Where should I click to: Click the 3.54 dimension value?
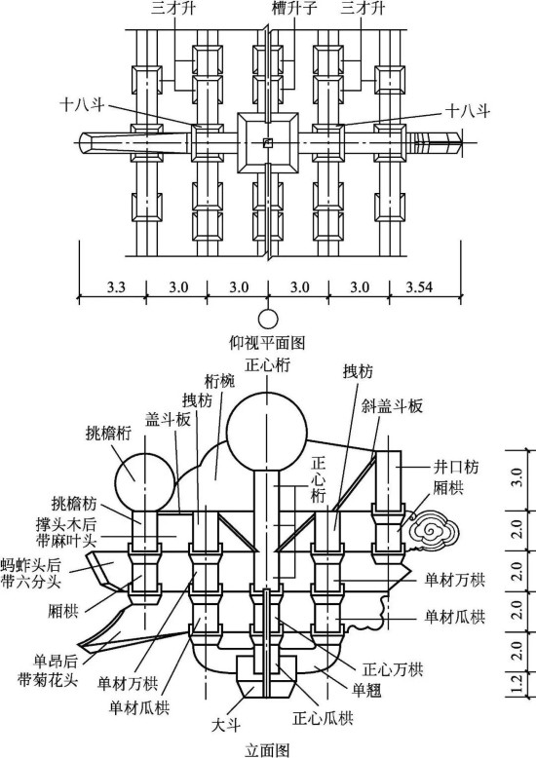[419, 287]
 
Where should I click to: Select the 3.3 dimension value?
[116, 287]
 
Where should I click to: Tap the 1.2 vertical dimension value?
[517, 683]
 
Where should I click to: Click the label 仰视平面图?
[267, 343]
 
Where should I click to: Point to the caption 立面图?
[267, 750]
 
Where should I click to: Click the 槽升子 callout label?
[294, 8]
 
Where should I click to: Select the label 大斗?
[226, 725]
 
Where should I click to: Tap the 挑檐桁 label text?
[108, 434]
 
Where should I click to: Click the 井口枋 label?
[455, 467]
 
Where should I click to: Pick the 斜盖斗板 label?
[392, 405]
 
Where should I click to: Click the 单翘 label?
[366, 690]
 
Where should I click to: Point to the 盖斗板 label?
[168, 420]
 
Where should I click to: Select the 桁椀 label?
[219, 381]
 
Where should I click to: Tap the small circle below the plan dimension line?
[268, 319]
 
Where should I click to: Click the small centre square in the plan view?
[268, 142]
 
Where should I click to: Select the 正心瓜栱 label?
[323, 718]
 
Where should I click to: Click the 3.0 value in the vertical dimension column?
[517, 476]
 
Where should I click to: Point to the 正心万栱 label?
[393, 669]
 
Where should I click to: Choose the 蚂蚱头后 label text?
[31, 564]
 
